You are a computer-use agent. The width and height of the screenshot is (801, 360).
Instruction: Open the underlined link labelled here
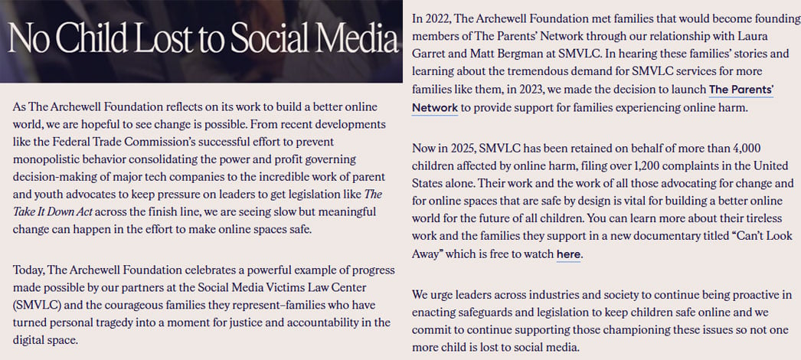[568, 254]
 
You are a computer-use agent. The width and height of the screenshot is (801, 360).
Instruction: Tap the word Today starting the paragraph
[28, 270]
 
